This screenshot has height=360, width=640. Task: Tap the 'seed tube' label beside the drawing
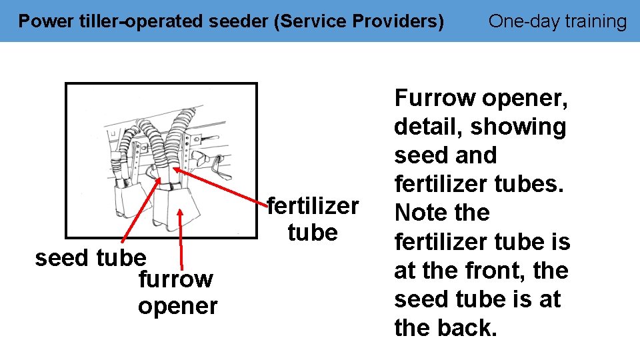pyautogui.click(x=90, y=257)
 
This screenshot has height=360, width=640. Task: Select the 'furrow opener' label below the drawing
pyautogui.click(x=177, y=293)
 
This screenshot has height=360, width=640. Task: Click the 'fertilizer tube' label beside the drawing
pyautogui.click(x=313, y=219)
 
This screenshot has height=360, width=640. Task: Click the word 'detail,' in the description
pyautogui.click(x=428, y=127)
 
